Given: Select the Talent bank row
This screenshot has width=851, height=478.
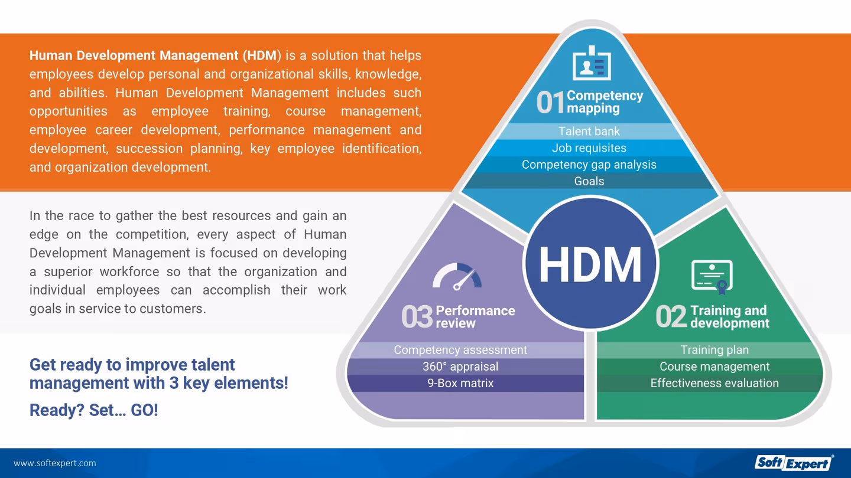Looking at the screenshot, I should [x=589, y=131].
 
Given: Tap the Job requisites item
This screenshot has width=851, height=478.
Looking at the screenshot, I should [x=589, y=148].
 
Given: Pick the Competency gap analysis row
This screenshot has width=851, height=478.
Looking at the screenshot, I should [x=589, y=165].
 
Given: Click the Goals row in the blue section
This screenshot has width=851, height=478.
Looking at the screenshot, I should [x=589, y=181].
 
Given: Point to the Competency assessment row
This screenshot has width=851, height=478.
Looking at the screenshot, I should [x=460, y=350].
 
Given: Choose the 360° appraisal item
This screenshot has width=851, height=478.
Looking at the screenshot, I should [x=460, y=366].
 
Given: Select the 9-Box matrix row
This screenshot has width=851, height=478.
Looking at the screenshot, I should [x=460, y=383].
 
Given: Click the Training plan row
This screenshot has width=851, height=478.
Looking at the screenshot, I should [x=714, y=350].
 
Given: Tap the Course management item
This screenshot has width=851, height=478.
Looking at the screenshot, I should [x=714, y=366].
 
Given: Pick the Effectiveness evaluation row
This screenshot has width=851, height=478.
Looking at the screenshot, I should [x=714, y=383].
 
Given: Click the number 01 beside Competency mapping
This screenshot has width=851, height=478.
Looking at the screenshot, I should [x=550, y=103].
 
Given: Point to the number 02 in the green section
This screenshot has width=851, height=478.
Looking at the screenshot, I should [x=671, y=317].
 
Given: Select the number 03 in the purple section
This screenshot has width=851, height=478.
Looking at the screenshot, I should [x=417, y=317].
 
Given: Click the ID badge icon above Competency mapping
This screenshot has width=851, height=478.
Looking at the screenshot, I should [x=591, y=64].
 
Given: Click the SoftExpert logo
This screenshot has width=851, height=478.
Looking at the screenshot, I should [x=794, y=463].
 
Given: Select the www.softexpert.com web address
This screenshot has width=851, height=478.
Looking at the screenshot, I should [x=55, y=463].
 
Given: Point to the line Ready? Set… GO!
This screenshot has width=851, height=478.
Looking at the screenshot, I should [x=94, y=410].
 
